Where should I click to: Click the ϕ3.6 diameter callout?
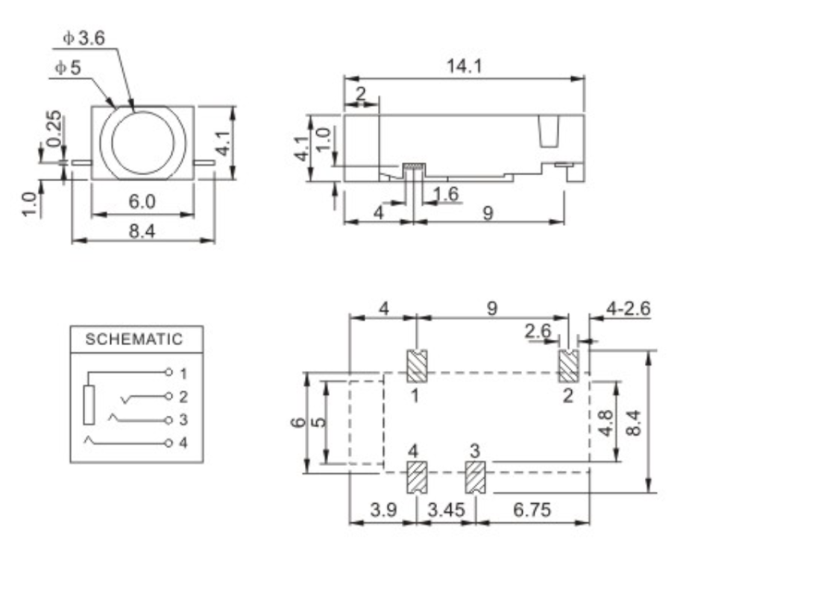[x=84, y=39]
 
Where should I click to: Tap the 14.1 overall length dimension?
[x=464, y=66]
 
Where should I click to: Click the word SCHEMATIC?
[x=133, y=340]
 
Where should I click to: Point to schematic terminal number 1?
[x=183, y=371]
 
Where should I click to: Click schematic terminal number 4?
[x=183, y=443]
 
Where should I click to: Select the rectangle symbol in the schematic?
[x=89, y=406]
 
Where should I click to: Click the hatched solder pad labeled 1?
[x=415, y=364]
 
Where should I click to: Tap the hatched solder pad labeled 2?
[x=569, y=364]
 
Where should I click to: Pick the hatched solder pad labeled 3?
[x=475, y=478]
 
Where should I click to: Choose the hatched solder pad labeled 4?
[x=415, y=478]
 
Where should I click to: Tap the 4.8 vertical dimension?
[x=607, y=423]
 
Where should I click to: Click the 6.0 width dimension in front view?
[x=142, y=202]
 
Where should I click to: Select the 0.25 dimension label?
[x=54, y=130]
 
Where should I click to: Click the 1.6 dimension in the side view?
[x=445, y=194]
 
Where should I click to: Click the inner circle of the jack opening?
[x=142, y=142]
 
